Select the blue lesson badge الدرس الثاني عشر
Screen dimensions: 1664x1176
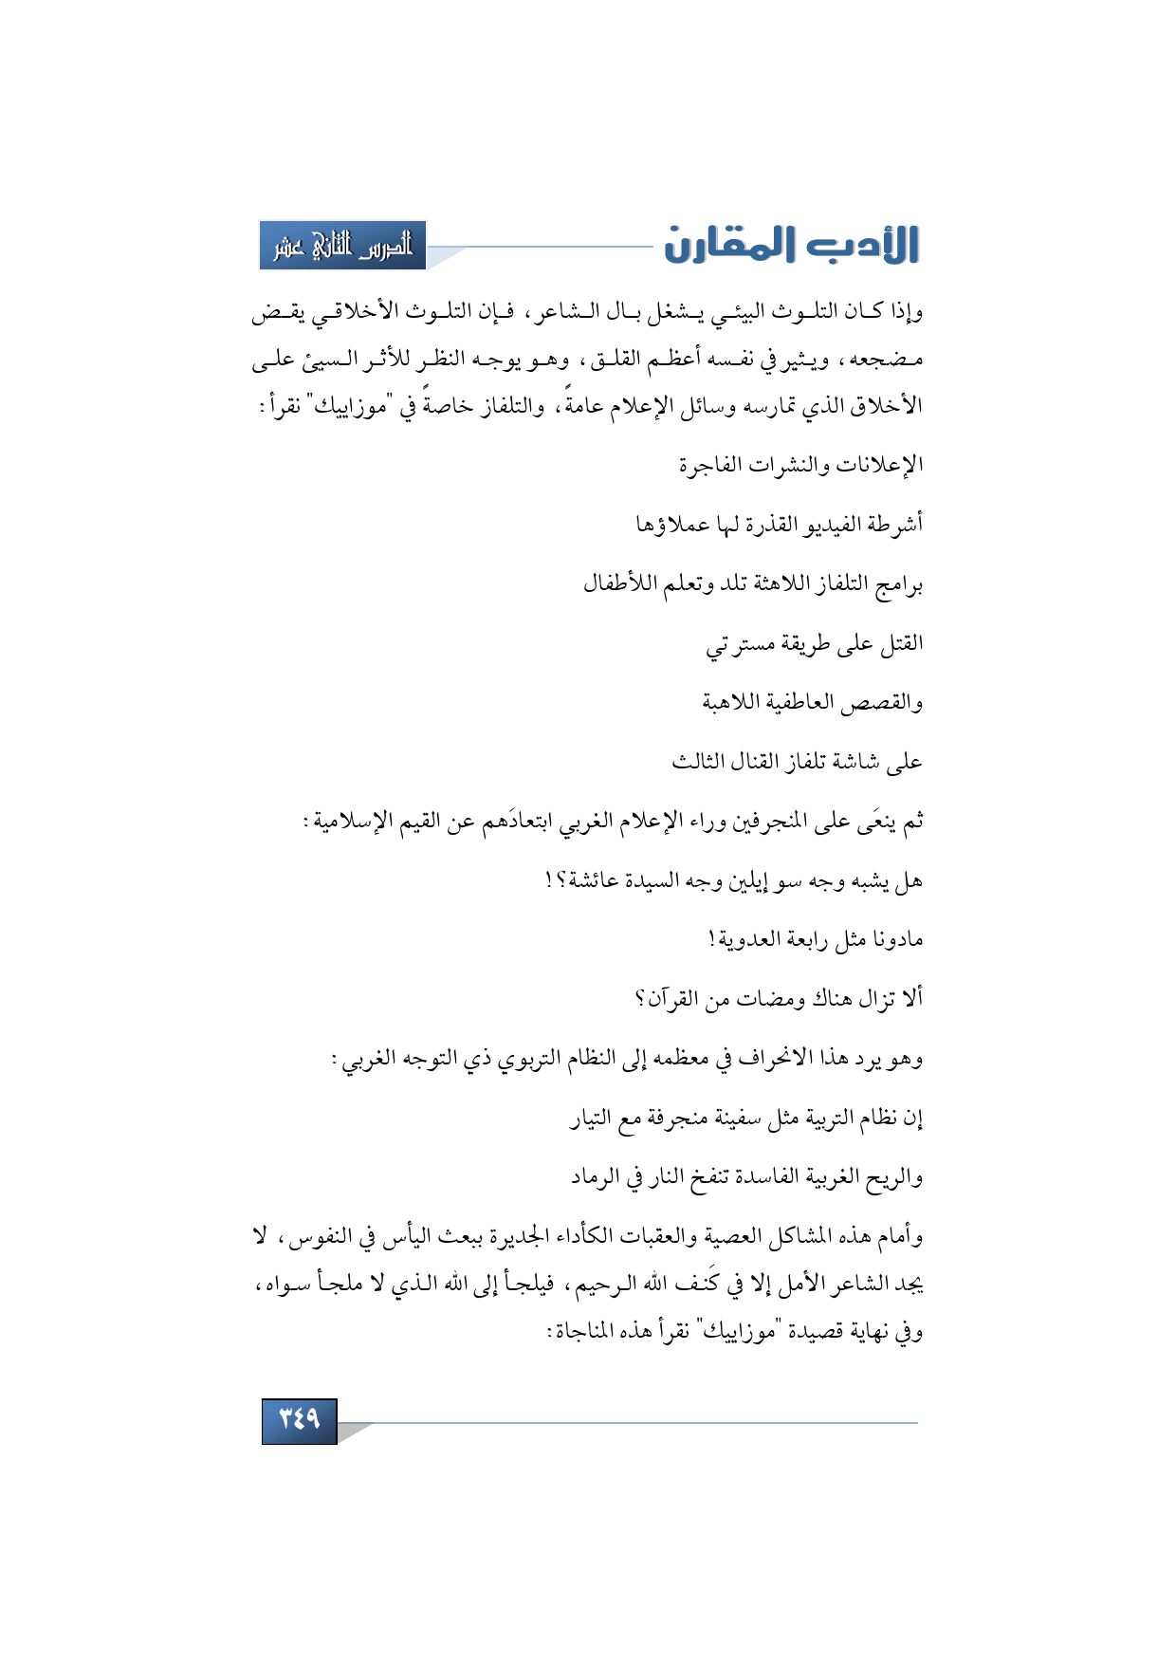342,246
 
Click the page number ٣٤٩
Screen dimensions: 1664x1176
299,1419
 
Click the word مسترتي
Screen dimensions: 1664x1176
732,644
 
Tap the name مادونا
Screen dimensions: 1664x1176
896,939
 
